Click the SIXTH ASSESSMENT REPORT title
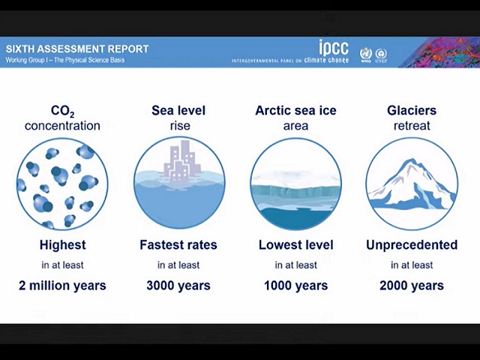[x=77, y=49]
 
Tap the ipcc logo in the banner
[x=333, y=47]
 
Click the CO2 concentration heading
[x=62, y=118]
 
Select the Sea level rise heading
[x=178, y=118]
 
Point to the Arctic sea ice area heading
[x=295, y=118]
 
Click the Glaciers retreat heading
[x=412, y=118]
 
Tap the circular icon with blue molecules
[x=62, y=184]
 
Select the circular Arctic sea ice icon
[x=295, y=184]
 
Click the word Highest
[x=62, y=245]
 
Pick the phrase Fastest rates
[x=178, y=245]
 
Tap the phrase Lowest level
[x=295, y=245]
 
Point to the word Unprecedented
[x=412, y=245]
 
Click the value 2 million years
[x=62, y=285]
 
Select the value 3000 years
[x=178, y=285]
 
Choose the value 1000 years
[x=295, y=285]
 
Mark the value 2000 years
[x=412, y=285]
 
